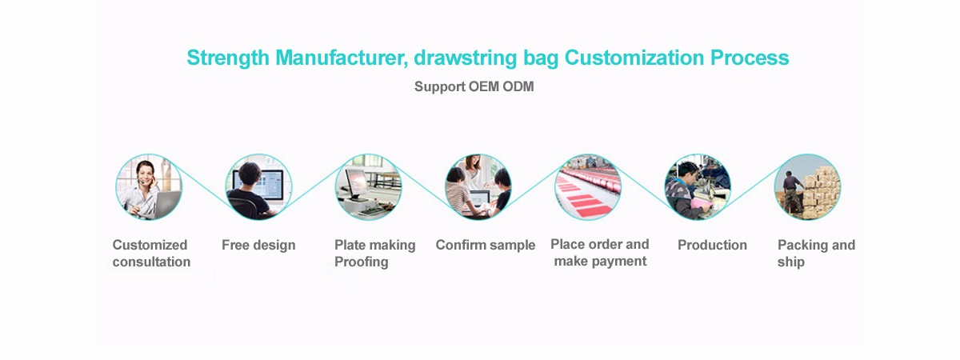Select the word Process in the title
pos(750,58)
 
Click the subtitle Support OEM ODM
pos(474,87)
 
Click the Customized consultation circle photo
pos(149,187)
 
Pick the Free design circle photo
pos(258,187)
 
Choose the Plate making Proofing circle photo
pos(368,187)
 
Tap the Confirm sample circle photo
pos(478,187)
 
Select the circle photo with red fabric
pos(587,187)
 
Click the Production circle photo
pos(698,187)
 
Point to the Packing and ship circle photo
pos(807,187)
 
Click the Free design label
pos(258,246)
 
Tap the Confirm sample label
pos(485,245)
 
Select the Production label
pos(712,245)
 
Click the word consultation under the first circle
pos(151,262)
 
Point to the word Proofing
pos(362,262)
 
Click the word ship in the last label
pos(790,262)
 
